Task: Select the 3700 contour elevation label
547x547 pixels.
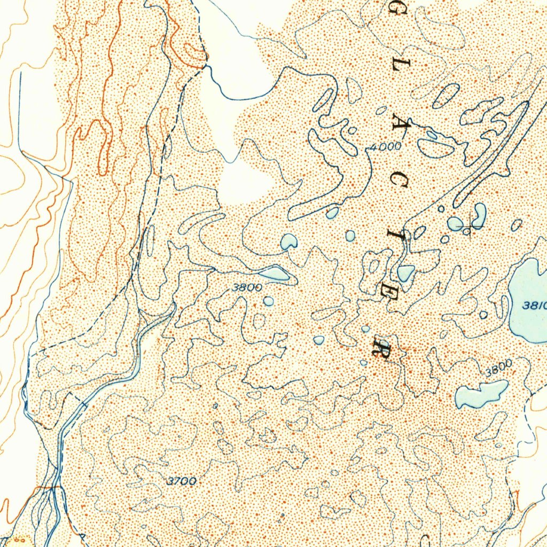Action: pos(182,481)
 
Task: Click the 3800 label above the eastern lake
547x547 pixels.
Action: pos(498,368)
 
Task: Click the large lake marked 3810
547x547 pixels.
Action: pos(529,299)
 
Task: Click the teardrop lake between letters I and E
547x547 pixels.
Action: pos(405,273)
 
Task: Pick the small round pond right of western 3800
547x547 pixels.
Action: pos(268,301)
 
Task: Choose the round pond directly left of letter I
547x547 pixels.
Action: pos(350,236)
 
